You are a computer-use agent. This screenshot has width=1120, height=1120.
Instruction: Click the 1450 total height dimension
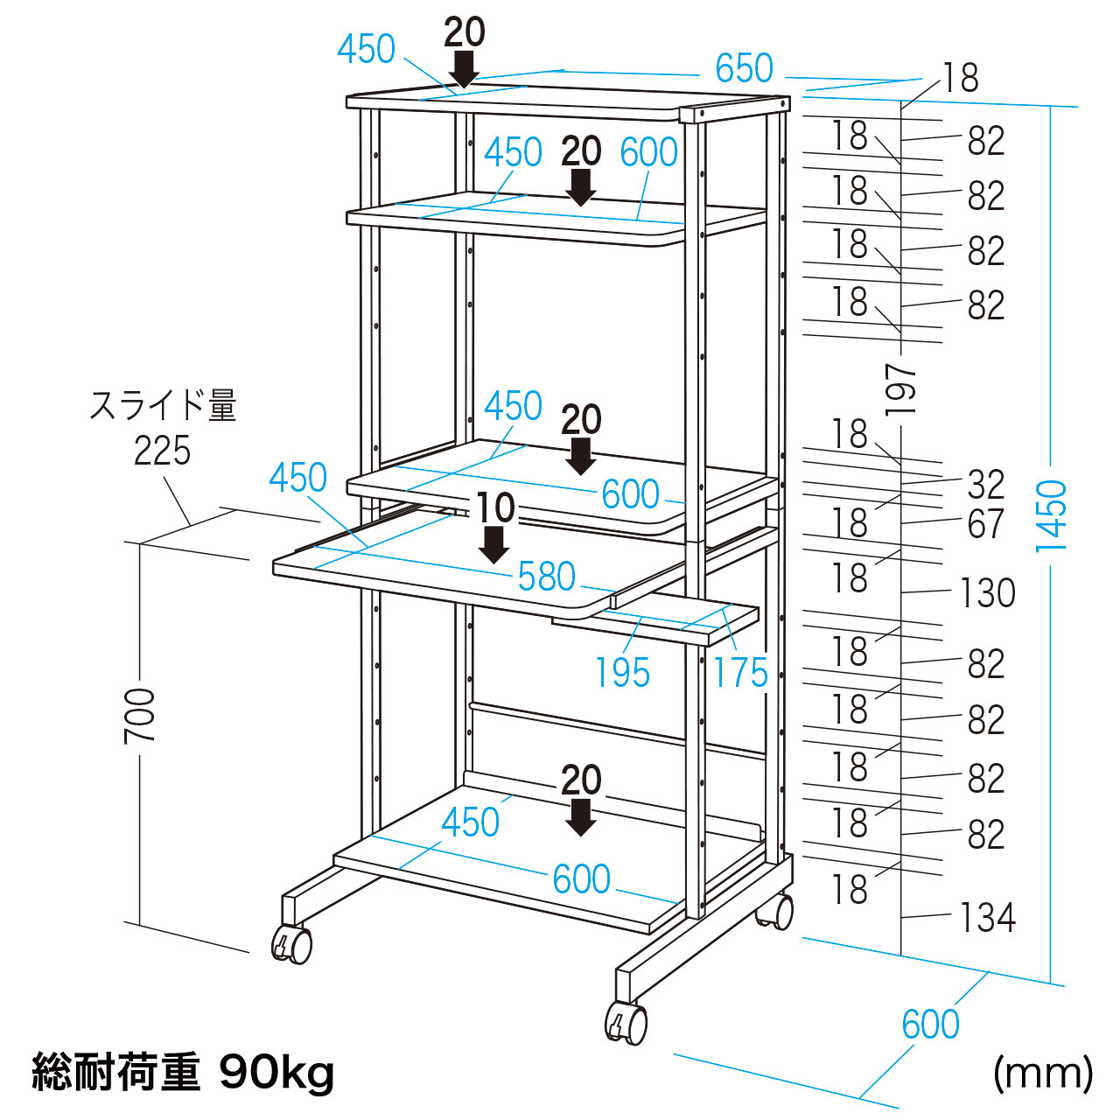coord(1052,515)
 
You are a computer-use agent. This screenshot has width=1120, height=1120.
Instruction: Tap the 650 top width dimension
coord(744,68)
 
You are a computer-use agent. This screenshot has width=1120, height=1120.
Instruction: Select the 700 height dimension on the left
coord(140,715)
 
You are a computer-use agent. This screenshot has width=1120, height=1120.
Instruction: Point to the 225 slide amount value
coord(162,451)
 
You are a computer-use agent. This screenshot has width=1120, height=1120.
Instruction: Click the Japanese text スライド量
coord(164,407)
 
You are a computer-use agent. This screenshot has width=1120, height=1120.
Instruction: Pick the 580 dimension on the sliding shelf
coord(547,577)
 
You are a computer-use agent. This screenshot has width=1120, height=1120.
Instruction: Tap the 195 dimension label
coord(622,673)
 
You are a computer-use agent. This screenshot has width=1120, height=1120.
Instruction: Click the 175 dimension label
coord(740,673)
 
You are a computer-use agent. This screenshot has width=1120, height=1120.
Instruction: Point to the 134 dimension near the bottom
coord(988,918)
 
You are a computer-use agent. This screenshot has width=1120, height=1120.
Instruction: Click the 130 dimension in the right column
coord(988,593)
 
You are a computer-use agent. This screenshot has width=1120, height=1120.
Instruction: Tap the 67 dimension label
coord(986,524)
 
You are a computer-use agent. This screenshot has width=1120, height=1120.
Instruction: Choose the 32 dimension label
coord(986,485)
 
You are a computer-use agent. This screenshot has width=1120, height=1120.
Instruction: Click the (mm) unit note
coord(1043,1073)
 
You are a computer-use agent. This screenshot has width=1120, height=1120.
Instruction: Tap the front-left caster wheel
coord(292,944)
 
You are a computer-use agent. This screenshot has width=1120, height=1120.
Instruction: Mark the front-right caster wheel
coord(626,1023)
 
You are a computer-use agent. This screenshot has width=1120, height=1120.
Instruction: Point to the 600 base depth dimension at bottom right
coord(930,1025)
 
